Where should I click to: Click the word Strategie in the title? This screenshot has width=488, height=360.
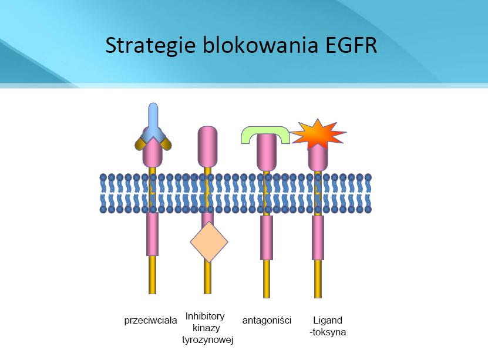tap(150, 46)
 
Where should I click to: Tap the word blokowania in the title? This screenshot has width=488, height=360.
tap(261, 45)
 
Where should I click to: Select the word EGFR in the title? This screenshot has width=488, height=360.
tap(351, 45)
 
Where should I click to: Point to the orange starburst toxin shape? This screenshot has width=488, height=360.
tap(318, 134)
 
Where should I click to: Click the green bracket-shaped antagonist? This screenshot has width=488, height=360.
tap(265, 132)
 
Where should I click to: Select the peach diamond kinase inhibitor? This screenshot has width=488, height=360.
tap(209, 241)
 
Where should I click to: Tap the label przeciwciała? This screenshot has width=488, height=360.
tap(150, 320)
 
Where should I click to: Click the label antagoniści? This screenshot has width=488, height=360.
tap(267, 320)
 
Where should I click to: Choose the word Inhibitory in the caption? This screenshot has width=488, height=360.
tap(205, 316)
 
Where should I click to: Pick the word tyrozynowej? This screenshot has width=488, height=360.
tap(207, 340)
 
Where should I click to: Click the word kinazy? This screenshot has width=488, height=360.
tap(206, 328)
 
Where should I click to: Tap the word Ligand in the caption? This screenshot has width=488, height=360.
tap(328, 320)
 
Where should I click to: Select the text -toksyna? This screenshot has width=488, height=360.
tap(328, 332)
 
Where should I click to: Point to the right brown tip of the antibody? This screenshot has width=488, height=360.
tap(166, 144)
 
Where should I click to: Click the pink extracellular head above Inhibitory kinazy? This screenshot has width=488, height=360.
tap(207, 147)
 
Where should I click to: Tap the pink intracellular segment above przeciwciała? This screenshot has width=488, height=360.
tap(152, 234)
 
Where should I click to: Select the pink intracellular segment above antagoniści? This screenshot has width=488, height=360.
tap(267, 238)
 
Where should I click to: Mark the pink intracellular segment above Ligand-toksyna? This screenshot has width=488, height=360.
tap(318, 238)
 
